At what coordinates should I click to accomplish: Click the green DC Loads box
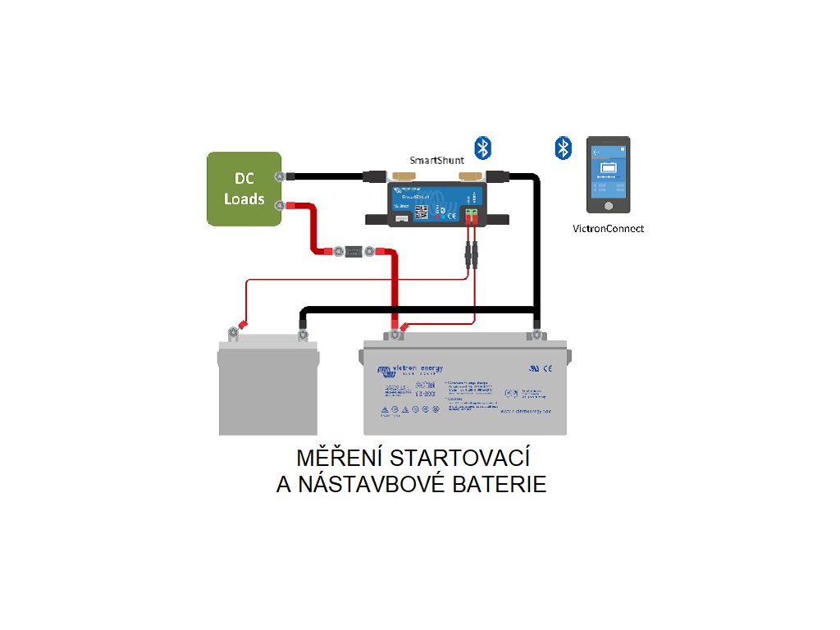click(x=244, y=189)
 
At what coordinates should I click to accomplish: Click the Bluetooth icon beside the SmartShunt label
click(x=485, y=148)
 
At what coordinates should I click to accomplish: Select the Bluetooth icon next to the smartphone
click(x=563, y=148)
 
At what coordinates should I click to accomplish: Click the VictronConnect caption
click(x=608, y=229)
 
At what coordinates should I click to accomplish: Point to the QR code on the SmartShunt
click(x=422, y=212)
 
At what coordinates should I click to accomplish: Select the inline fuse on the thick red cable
click(x=354, y=249)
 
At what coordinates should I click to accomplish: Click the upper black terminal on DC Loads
click(x=280, y=176)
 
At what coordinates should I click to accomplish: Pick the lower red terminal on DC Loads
click(x=280, y=205)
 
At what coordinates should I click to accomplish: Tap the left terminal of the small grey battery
click(x=233, y=332)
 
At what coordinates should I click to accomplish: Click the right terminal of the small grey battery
click(x=302, y=334)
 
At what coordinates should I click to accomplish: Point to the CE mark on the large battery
click(x=548, y=368)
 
